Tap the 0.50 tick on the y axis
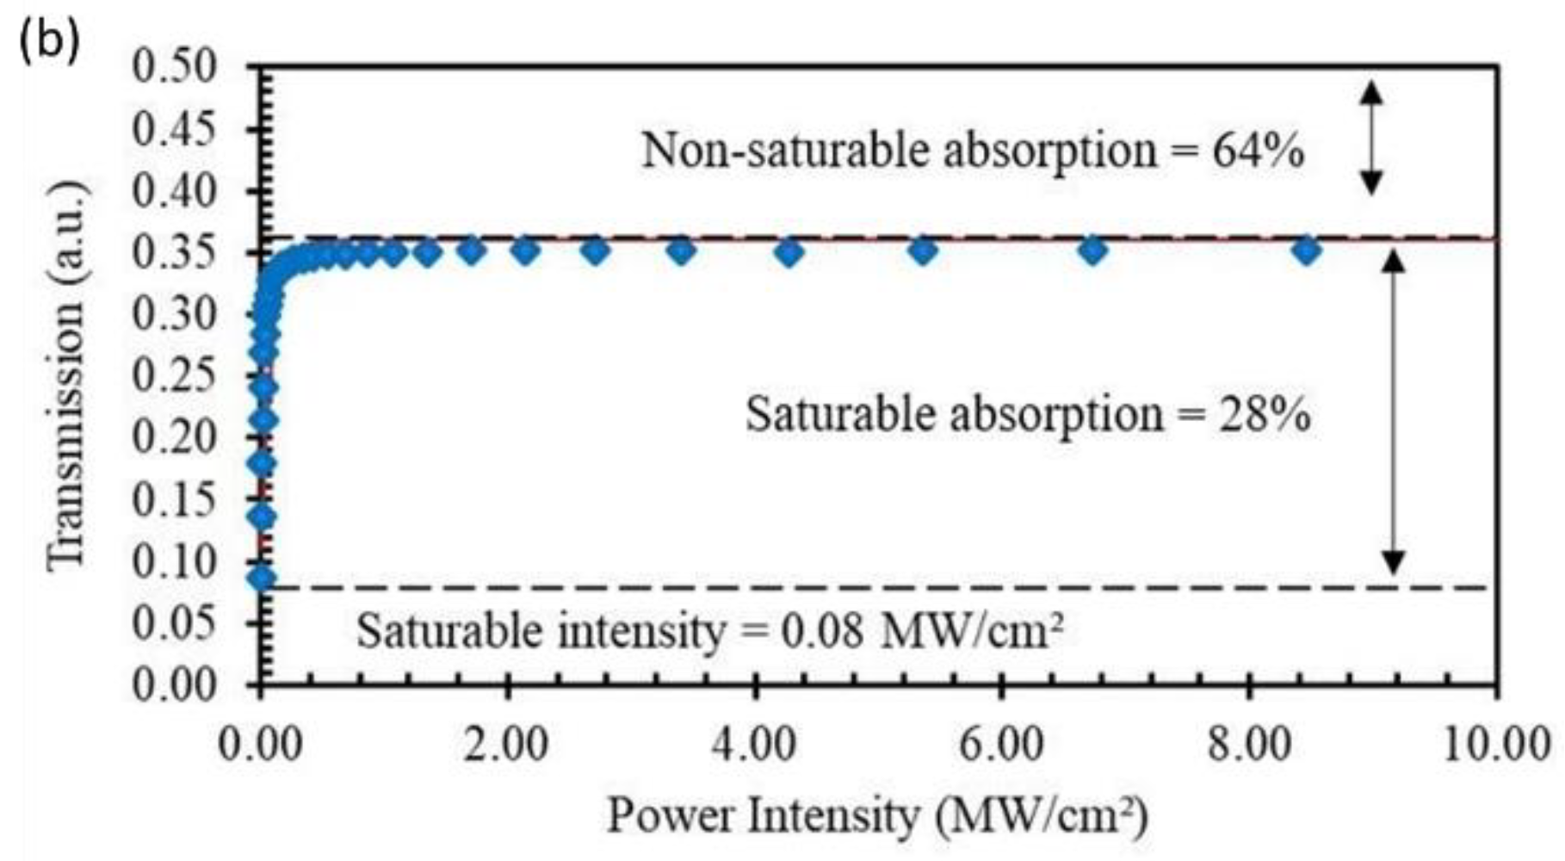click(x=174, y=67)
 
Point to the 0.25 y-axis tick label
click(x=174, y=376)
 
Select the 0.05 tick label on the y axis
click(x=174, y=623)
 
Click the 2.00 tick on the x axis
click(x=507, y=742)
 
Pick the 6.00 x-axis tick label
click(x=1001, y=742)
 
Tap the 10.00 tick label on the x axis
click(x=1495, y=742)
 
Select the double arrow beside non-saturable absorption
click(x=1371, y=138)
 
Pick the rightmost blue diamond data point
click(x=1307, y=251)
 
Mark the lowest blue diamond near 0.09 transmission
click(x=262, y=578)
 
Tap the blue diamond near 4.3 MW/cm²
click(x=789, y=253)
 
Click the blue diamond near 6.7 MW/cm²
click(x=1092, y=251)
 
